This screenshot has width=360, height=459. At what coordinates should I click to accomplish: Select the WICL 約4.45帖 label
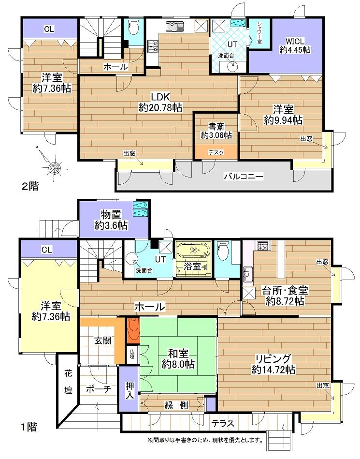coord(295,45)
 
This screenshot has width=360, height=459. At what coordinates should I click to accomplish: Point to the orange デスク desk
coord(216,151)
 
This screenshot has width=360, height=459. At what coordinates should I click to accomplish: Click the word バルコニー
coord(243,177)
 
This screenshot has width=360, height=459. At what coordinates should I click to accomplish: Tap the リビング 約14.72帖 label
coord(274,364)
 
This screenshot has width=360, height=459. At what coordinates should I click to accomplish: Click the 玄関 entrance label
coord(103,340)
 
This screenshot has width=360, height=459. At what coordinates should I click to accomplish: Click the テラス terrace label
coord(223,424)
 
